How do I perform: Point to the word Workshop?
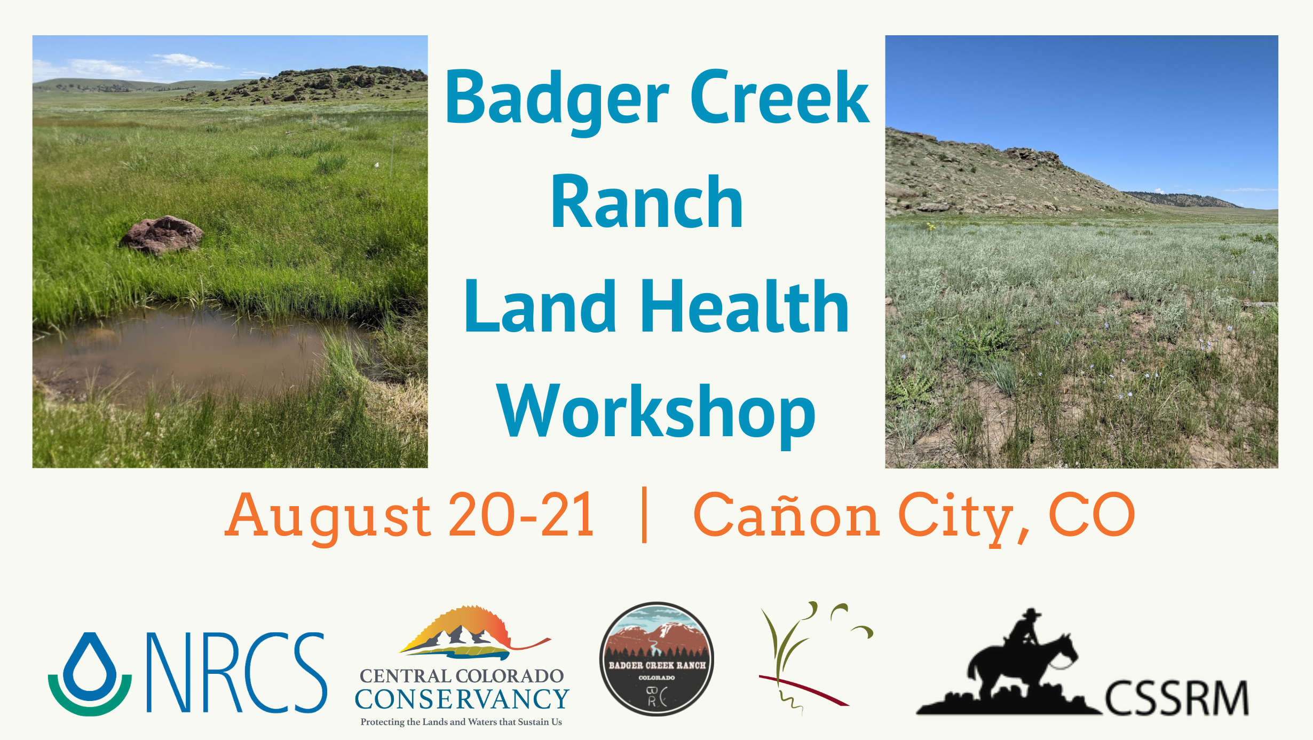coord(656,414)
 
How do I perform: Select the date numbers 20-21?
coord(521,514)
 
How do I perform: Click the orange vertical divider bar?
coord(644,515)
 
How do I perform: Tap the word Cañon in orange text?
coord(786,514)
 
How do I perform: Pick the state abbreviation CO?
coord(1092,514)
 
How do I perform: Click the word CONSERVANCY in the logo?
coord(462,699)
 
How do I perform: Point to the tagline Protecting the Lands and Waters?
coord(461,722)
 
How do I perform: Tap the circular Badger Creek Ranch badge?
coord(656,659)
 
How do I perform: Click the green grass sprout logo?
coord(816,658)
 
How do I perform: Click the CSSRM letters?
coord(1176,698)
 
